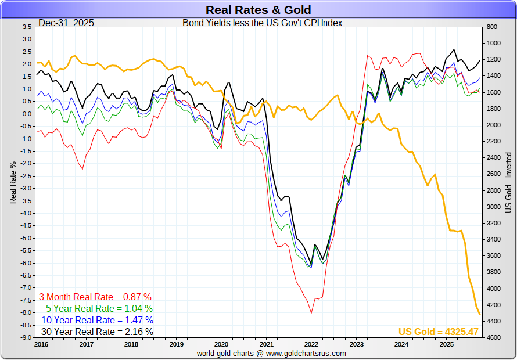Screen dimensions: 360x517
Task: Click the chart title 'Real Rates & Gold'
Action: click(258, 10)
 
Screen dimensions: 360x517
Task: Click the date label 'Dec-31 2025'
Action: click(66, 23)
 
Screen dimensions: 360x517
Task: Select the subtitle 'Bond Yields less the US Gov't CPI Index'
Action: click(263, 23)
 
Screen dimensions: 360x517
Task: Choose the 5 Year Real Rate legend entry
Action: click(99, 308)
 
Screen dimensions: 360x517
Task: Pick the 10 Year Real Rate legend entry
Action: click(97, 320)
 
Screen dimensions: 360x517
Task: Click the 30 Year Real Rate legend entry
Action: click(97, 332)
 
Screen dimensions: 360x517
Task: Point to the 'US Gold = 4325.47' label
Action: click(438, 332)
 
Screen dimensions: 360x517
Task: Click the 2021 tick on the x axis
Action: click(266, 344)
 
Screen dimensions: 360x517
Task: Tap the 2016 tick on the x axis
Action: click(41, 344)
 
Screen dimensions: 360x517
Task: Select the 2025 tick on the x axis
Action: click(446, 344)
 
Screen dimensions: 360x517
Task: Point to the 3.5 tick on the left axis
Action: click(27, 27)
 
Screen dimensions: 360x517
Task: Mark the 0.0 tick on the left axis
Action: click(27, 114)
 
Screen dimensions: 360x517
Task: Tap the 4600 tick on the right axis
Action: click(493, 337)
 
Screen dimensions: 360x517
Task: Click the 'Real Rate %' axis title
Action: click(13, 182)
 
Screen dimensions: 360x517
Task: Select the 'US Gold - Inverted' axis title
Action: click(508, 182)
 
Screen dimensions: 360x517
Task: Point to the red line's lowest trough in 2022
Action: click(311, 313)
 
